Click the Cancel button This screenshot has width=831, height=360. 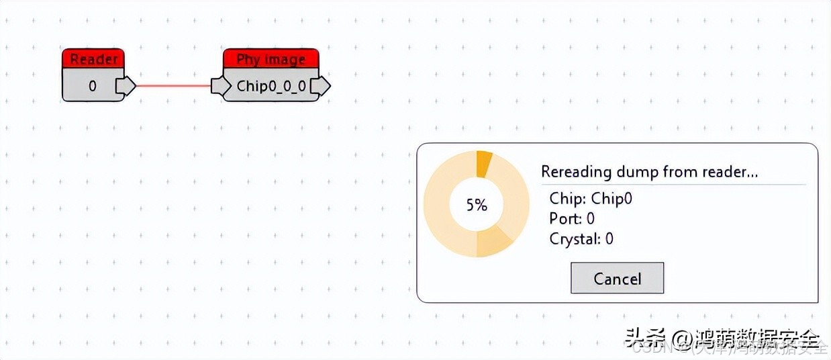(617, 278)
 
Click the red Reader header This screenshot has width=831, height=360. (93, 59)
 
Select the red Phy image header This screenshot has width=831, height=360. (271, 59)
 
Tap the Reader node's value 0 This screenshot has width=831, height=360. (92, 86)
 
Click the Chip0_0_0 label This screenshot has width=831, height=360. (271, 86)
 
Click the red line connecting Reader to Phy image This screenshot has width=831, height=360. (173, 86)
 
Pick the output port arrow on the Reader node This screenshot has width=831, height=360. (125, 86)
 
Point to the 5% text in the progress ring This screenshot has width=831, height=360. (477, 205)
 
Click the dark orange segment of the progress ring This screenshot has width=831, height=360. (484, 163)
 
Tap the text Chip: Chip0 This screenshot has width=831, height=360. (590, 198)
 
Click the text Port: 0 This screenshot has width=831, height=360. (572, 218)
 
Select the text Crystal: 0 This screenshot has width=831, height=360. (581, 238)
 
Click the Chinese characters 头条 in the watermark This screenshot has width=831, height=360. (638, 336)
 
